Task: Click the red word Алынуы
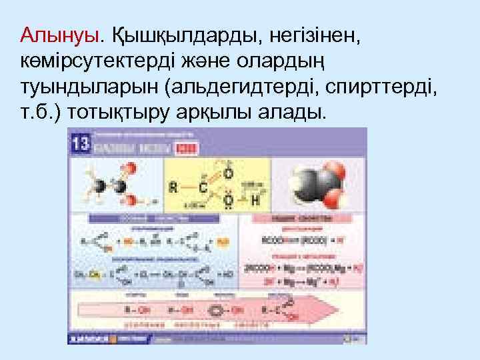click(x=59, y=34)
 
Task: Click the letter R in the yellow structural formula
click(x=173, y=187)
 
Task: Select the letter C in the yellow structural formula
click(x=203, y=187)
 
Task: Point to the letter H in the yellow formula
click(x=254, y=199)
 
